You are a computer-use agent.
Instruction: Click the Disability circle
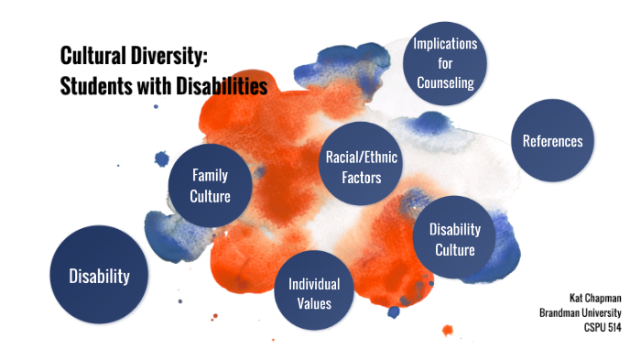point(99,276)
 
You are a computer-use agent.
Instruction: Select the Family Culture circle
point(210,185)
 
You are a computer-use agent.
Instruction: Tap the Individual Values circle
point(314,293)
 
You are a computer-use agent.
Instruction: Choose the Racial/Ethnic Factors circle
point(353,166)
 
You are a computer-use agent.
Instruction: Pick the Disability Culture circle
point(454,237)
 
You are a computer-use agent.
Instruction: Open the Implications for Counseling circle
point(445,63)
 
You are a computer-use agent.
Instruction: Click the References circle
point(552,140)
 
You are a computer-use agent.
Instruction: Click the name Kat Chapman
point(595,298)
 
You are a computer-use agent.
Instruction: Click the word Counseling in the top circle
point(445,82)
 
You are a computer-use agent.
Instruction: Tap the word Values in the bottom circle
point(314,303)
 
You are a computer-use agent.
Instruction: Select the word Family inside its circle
point(210,175)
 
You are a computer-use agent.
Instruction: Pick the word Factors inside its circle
point(353,176)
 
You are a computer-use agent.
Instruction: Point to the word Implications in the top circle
point(445,44)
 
